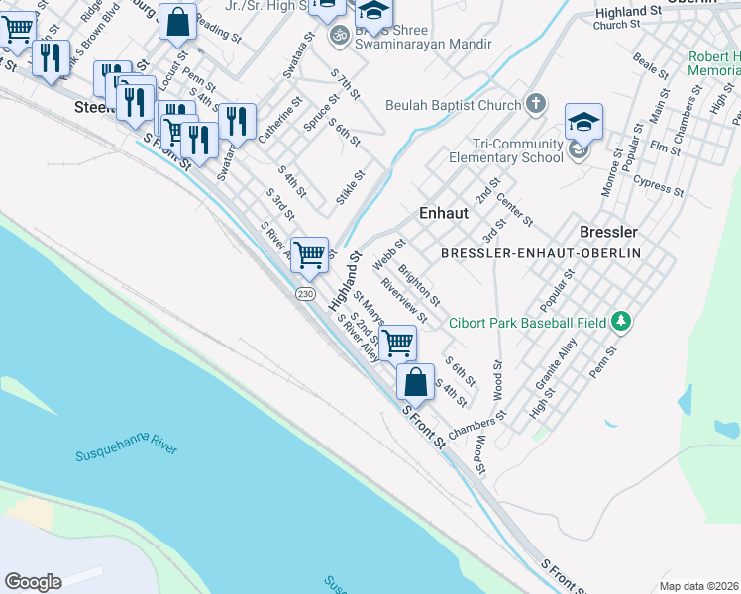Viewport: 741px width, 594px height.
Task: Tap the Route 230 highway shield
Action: point(304,294)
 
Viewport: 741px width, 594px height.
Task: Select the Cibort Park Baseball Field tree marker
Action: point(621,321)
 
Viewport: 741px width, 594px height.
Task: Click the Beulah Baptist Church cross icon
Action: point(535,104)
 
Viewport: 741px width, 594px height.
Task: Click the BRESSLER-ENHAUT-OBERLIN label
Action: point(541,253)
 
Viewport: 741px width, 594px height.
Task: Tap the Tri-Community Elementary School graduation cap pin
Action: point(583,124)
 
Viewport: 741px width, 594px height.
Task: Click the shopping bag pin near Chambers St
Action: point(415,381)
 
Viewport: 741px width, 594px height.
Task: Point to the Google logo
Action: point(33,582)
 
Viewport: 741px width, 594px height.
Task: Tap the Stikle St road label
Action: point(351,187)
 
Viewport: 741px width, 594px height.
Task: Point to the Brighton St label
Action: point(418,284)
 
